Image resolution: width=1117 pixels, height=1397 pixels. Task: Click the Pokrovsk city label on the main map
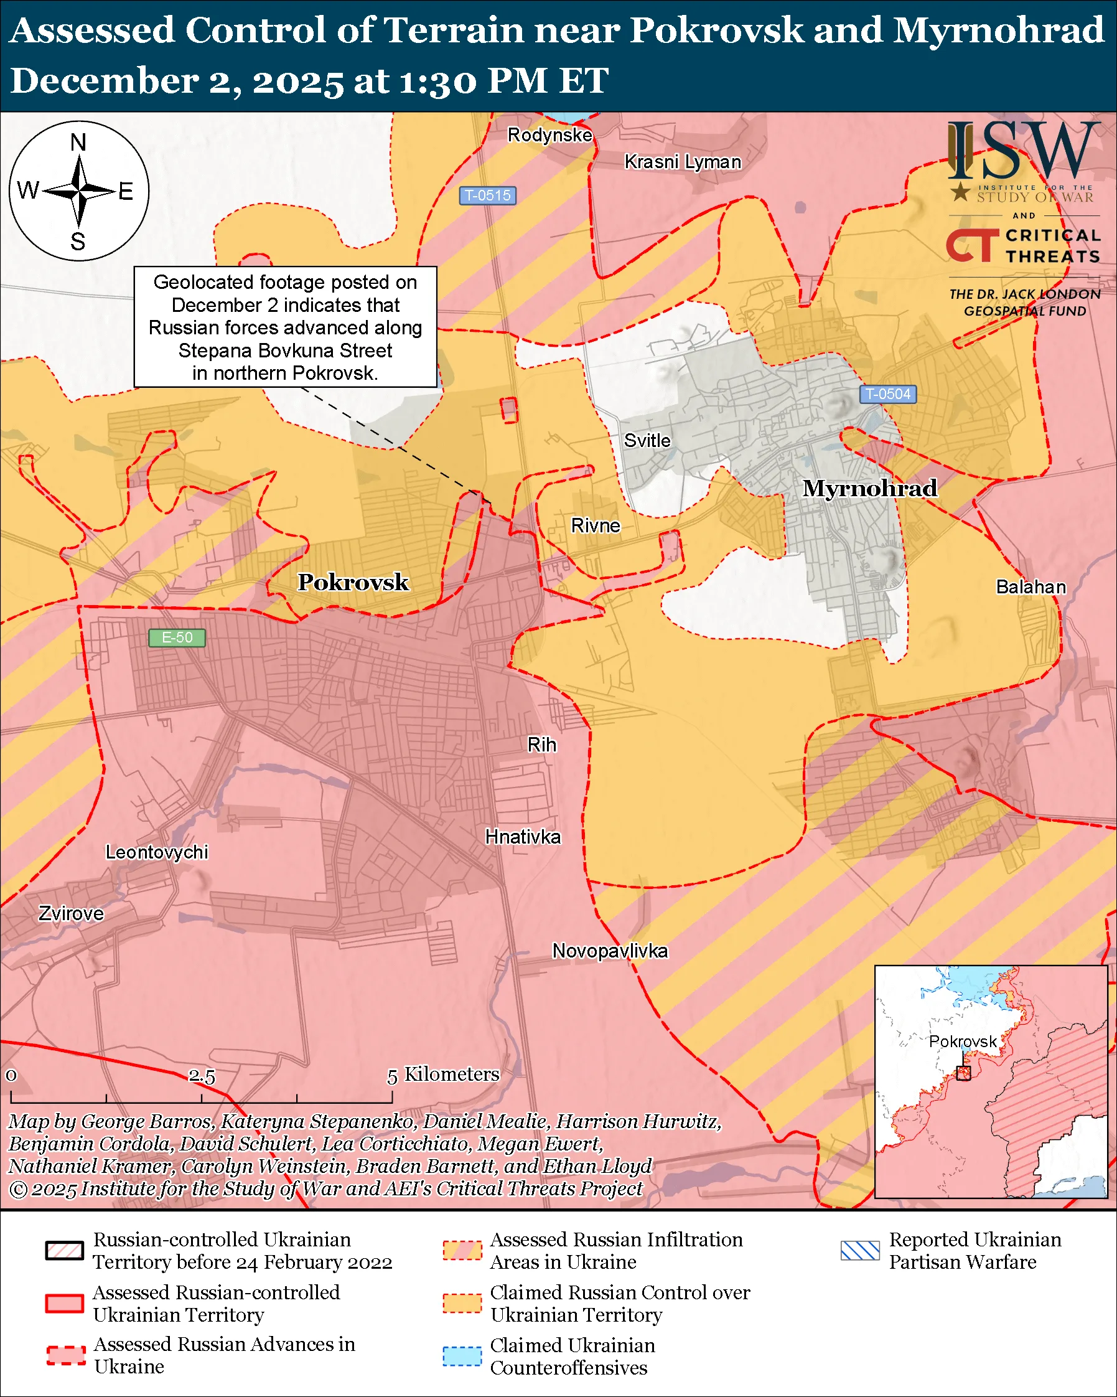[x=353, y=582]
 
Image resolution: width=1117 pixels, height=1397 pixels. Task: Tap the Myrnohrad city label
[x=869, y=488]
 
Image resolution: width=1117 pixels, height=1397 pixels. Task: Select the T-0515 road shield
[x=488, y=195]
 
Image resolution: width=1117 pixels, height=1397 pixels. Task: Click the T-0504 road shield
[x=888, y=394]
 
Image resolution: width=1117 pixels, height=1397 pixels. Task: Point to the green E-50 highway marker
[x=177, y=637]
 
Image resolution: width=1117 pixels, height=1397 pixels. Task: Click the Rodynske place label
[x=549, y=134]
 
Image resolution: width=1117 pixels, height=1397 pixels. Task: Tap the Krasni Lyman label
[x=683, y=162]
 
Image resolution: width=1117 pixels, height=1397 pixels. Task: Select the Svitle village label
[x=647, y=441]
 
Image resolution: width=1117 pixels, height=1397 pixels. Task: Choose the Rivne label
[x=595, y=525]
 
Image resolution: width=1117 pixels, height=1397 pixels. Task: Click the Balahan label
[x=1031, y=587]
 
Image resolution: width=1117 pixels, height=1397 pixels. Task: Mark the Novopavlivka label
[x=609, y=951]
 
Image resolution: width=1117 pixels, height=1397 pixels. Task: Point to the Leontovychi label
[x=157, y=852]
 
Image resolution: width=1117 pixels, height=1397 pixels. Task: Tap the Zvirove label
[x=71, y=914]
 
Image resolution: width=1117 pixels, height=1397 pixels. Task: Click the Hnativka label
[x=523, y=837]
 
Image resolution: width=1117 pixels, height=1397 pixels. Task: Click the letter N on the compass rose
[x=78, y=142]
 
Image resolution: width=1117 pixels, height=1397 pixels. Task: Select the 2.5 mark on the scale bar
[x=202, y=1076]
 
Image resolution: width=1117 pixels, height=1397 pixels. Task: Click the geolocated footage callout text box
[x=285, y=327]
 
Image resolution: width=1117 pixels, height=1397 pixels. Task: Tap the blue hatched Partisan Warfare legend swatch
[x=860, y=1251]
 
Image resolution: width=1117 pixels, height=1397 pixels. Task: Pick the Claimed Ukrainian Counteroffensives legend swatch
[x=462, y=1356]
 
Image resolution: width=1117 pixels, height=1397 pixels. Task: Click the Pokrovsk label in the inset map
[x=962, y=1042]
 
